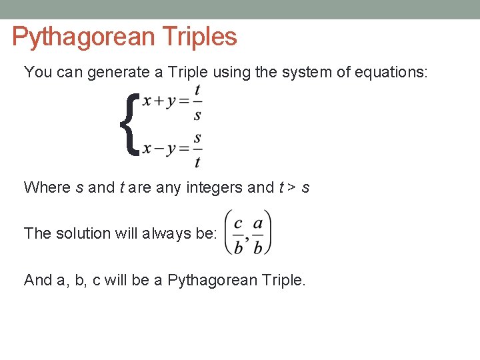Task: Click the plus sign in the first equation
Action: pos(160,101)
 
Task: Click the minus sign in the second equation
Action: pos(160,148)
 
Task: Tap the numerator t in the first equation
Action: pos(198,89)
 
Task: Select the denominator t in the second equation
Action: pos(198,161)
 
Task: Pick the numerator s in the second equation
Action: pos(198,138)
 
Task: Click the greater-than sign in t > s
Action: pos(291,188)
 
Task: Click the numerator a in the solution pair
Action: pos(258,223)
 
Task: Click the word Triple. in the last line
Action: pos(278,281)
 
